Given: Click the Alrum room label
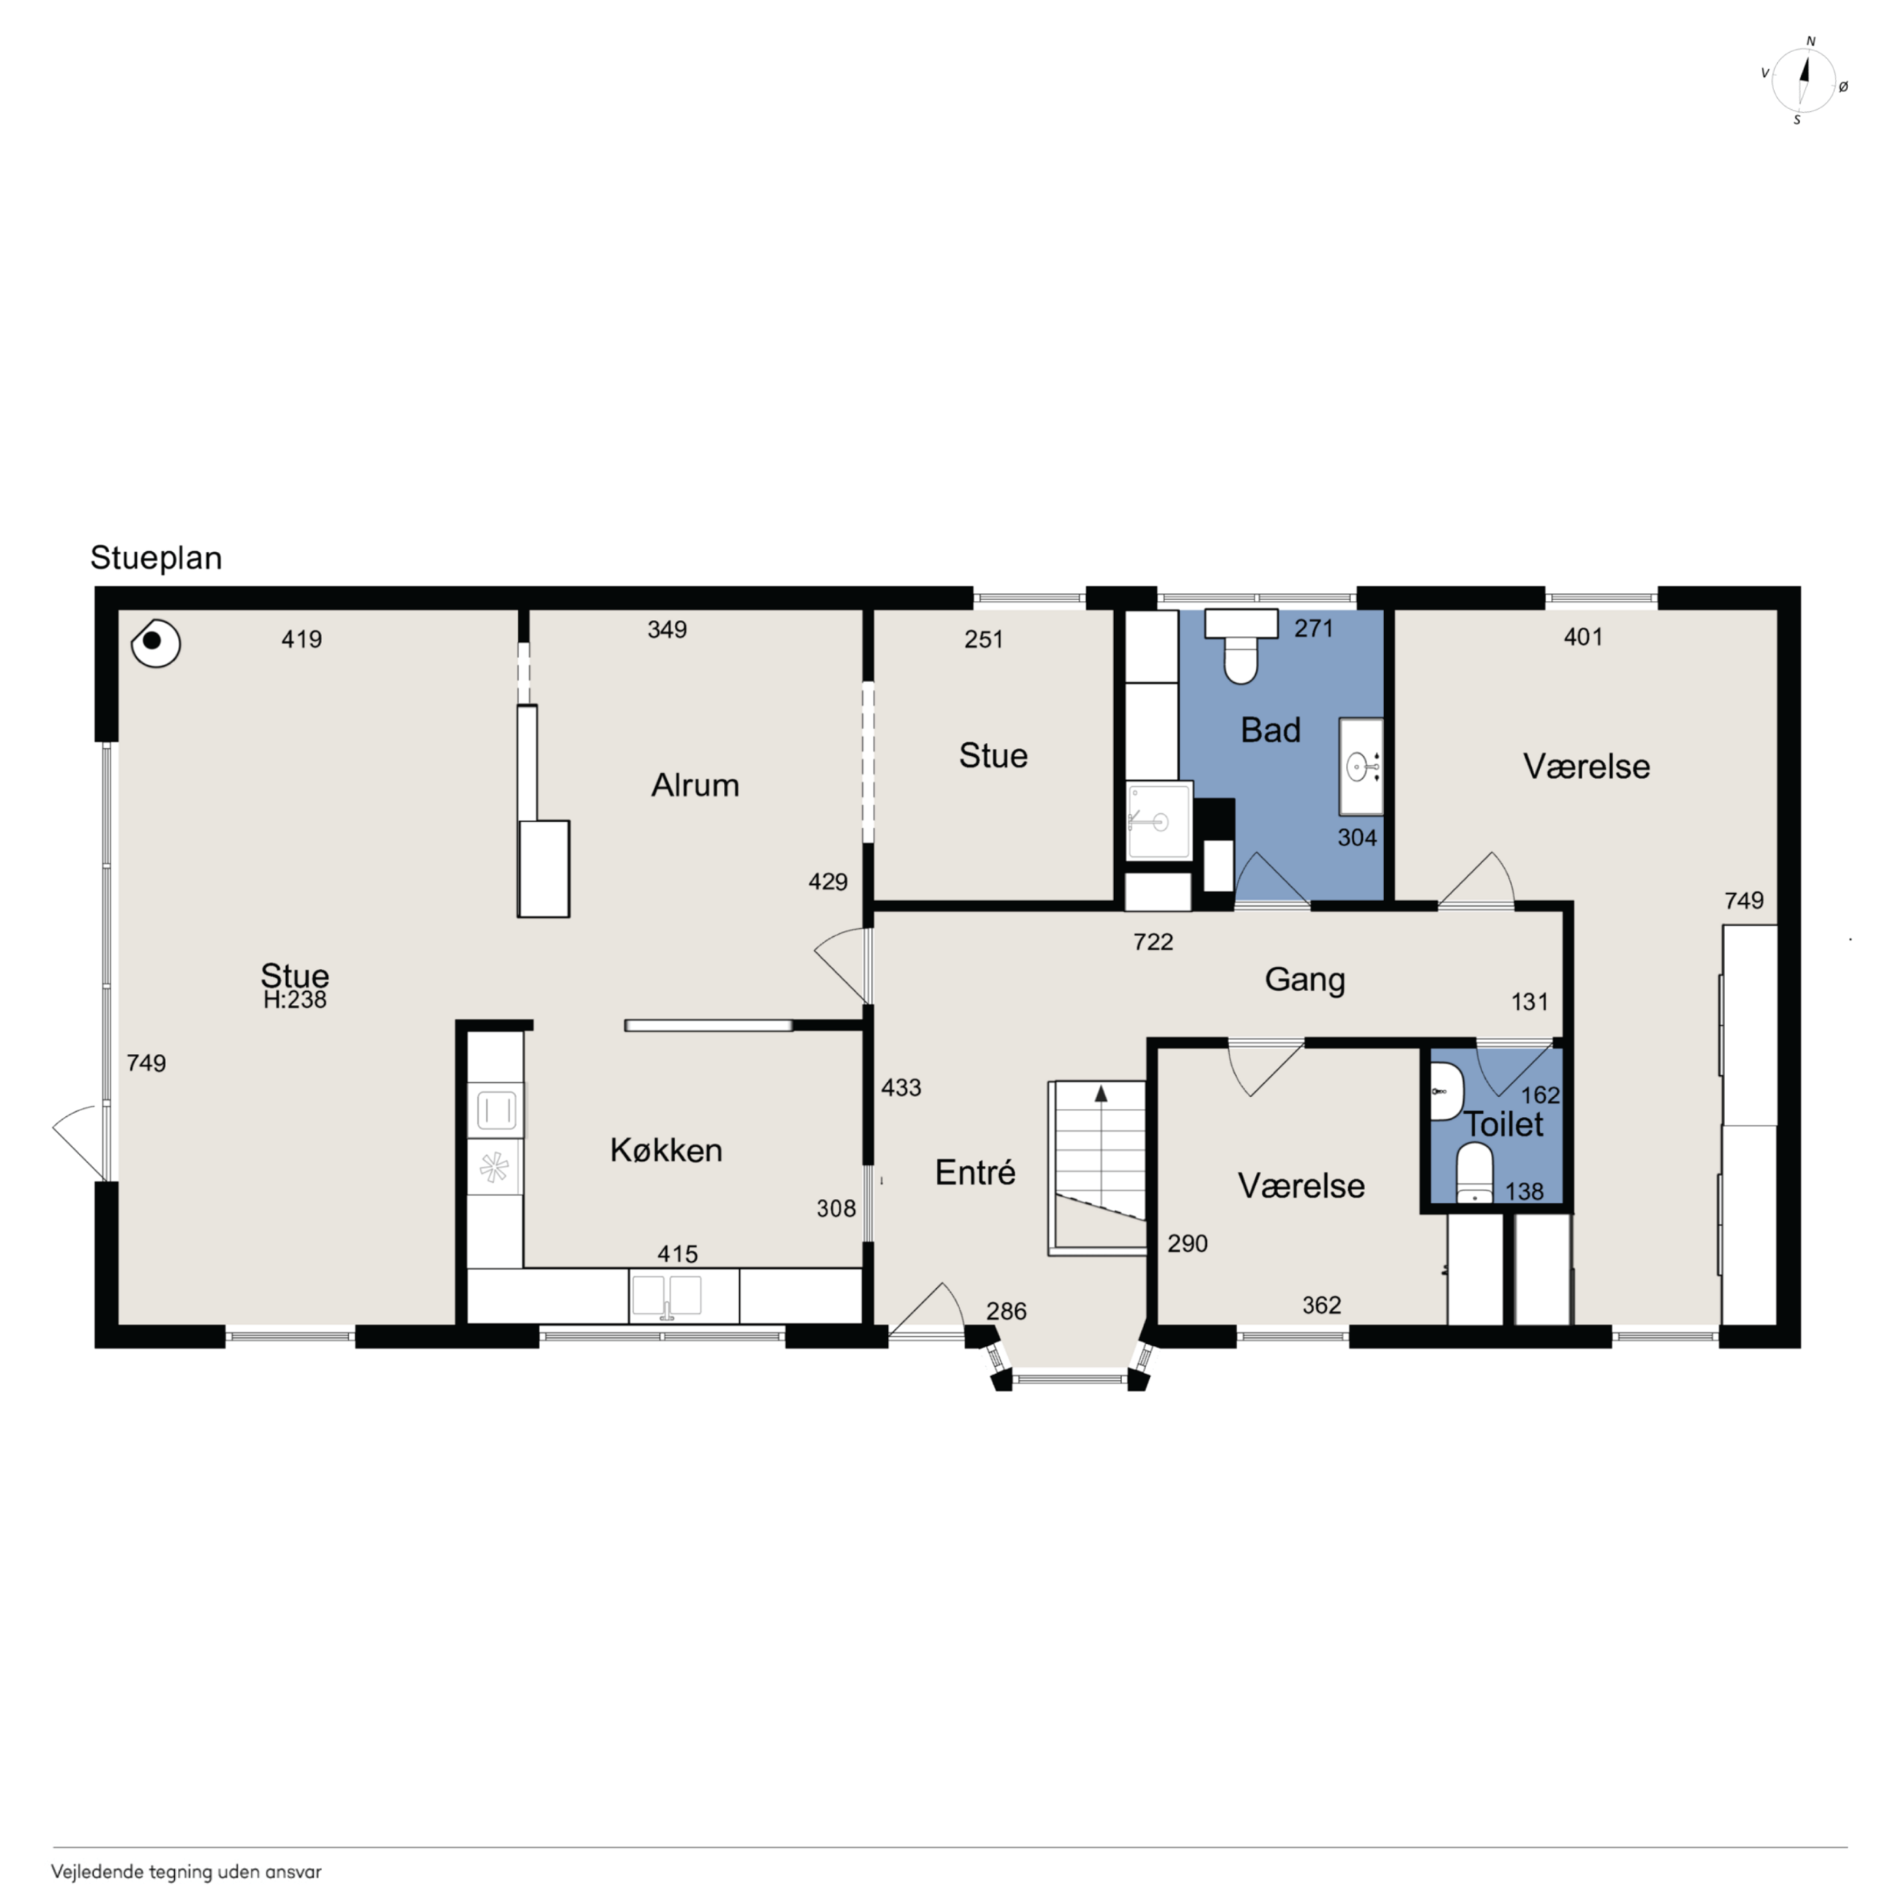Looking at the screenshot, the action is click(x=695, y=785).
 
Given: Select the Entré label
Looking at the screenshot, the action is click(x=975, y=1172).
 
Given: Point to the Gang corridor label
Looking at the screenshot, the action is click(x=1304, y=980).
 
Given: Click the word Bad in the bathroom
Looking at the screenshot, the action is click(x=1271, y=730).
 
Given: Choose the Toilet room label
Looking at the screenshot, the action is click(x=1504, y=1124).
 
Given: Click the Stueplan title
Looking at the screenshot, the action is click(x=157, y=558).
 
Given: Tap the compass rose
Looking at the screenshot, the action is click(x=1803, y=81).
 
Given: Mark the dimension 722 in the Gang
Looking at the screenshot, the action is click(x=1154, y=943).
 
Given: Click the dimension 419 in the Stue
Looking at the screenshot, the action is click(x=302, y=639).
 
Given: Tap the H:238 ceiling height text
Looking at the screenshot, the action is click(x=294, y=1000).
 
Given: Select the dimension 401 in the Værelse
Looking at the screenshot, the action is click(x=1583, y=638).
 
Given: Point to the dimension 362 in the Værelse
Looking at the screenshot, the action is click(x=1322, y=1305).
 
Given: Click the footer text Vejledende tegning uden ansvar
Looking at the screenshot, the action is click(x=186, y=1872).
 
